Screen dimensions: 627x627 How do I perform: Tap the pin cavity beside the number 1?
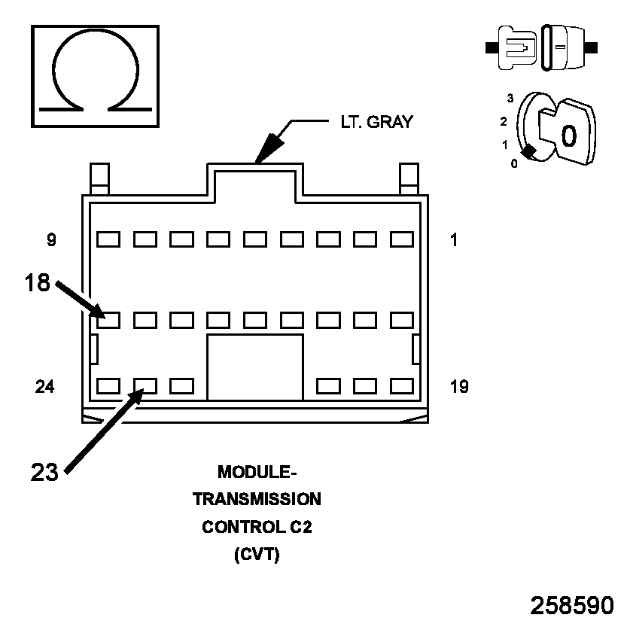(x=402, y=239)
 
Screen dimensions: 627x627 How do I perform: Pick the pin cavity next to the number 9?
(x=108, y=239)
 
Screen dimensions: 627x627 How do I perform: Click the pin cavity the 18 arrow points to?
(x=108, y=320)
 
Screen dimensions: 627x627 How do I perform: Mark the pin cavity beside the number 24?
(x=108, y=387)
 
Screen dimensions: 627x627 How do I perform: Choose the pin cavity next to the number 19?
(x=402, y=387)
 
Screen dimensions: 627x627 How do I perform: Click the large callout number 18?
(x=36, y=283)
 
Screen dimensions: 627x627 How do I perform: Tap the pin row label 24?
(x=45, y=387)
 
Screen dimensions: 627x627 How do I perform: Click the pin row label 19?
(x=458, y=387)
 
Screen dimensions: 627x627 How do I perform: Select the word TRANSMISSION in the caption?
(x=257, y=499)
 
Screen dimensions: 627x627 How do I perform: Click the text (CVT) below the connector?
(x=257, y=555)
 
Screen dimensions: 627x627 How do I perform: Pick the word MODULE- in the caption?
(x=257, y=472)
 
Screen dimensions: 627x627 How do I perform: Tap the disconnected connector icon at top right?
(x=542, y=47)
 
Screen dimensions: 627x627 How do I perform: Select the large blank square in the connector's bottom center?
(x=255, y=367)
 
